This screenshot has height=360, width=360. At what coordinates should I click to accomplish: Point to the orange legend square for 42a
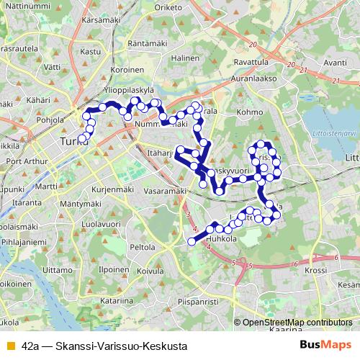coord(9,346)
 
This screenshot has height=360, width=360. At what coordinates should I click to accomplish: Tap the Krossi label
coord(316,270)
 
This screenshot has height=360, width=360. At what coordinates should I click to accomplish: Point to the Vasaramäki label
coord(165,192)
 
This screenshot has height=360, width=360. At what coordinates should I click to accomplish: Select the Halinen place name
coord(185,58)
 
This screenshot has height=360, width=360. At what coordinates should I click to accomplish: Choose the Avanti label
coord(336,63)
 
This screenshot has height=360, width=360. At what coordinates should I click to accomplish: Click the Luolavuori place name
coord(100,225)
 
